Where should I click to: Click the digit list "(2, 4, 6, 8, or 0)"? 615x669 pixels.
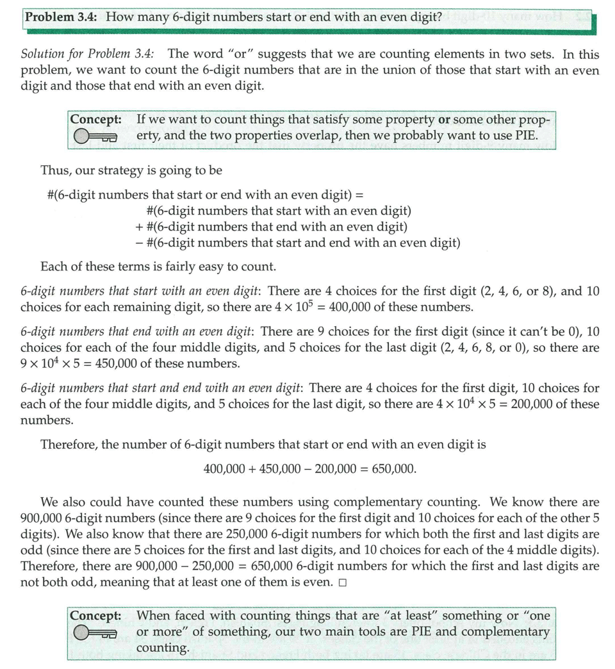pyautogui.click(x=470, y=348)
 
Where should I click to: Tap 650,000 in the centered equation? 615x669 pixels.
pyautogui.click(x=393, y=468)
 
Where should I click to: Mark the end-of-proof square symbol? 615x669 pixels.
pyautogui.click(x=343, y=582)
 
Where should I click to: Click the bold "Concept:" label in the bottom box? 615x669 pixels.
pyautogui.click(x=96, y=616)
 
